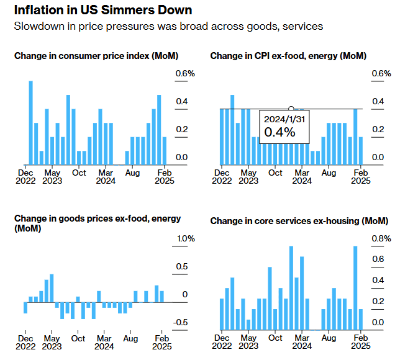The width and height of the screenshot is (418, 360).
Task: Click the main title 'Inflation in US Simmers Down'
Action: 102,11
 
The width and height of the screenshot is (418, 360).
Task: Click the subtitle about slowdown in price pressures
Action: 168,27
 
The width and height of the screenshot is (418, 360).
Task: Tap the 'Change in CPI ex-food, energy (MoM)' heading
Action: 288,56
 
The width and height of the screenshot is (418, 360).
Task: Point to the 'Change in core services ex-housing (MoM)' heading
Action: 299,221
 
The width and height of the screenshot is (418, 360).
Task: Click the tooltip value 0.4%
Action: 276,132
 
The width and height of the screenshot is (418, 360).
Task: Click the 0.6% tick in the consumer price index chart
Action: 184,74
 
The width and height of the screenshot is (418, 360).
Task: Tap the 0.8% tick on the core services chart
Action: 381,238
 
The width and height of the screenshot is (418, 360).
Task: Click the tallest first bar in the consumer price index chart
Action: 31,122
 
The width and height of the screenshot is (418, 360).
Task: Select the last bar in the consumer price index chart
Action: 165,151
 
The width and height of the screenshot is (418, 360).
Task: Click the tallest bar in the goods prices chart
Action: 52,288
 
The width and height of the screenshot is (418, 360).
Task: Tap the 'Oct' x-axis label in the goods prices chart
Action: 78,339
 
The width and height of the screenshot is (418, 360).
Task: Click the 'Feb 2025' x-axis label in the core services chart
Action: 360,343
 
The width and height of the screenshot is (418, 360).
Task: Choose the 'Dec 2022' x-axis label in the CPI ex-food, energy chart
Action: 222,177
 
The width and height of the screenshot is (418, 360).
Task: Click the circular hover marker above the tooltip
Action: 291,109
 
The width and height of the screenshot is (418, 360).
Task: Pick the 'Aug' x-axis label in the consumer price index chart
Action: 131,173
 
